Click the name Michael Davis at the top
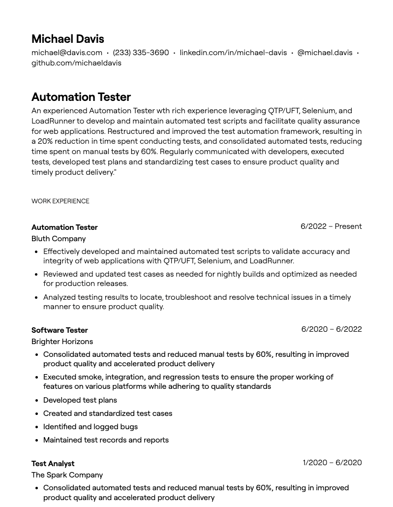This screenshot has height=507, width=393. coord(67,39)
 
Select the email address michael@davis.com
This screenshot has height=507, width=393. coord(67,53)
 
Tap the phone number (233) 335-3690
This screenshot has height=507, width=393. coord(141,53)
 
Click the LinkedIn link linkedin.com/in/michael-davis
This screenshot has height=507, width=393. coord(233,53)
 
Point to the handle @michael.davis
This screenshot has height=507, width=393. coord(325,53)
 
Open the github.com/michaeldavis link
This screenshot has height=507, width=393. coord(76,63)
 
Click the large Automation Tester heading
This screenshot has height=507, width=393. coord(81,97)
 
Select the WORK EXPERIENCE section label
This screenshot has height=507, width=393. coord(60,201)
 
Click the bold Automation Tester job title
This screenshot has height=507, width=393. coord(64,227)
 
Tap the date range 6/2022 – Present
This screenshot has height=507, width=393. coord(331,226)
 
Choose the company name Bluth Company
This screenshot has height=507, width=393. coord(59,239)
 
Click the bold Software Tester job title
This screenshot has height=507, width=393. coord(60,330)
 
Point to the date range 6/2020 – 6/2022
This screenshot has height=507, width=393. coord(332,329)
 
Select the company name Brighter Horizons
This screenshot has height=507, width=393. coord(62,342)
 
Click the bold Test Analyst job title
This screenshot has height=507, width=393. coord(53,464)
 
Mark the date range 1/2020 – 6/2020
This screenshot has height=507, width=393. coord(332,463)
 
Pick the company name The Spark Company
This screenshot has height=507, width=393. coord(67,475)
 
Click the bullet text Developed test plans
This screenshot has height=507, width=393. coord(80,400)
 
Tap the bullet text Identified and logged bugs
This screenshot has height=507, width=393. coord(91,427)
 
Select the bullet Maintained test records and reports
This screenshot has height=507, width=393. coord(106,440)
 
